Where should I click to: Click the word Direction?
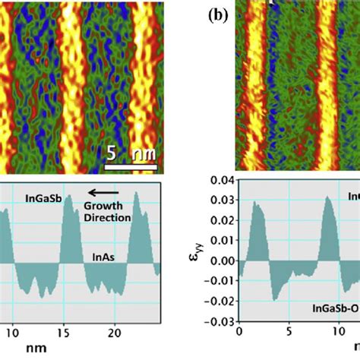[107, 218]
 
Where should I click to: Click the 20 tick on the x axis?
[114, 331]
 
